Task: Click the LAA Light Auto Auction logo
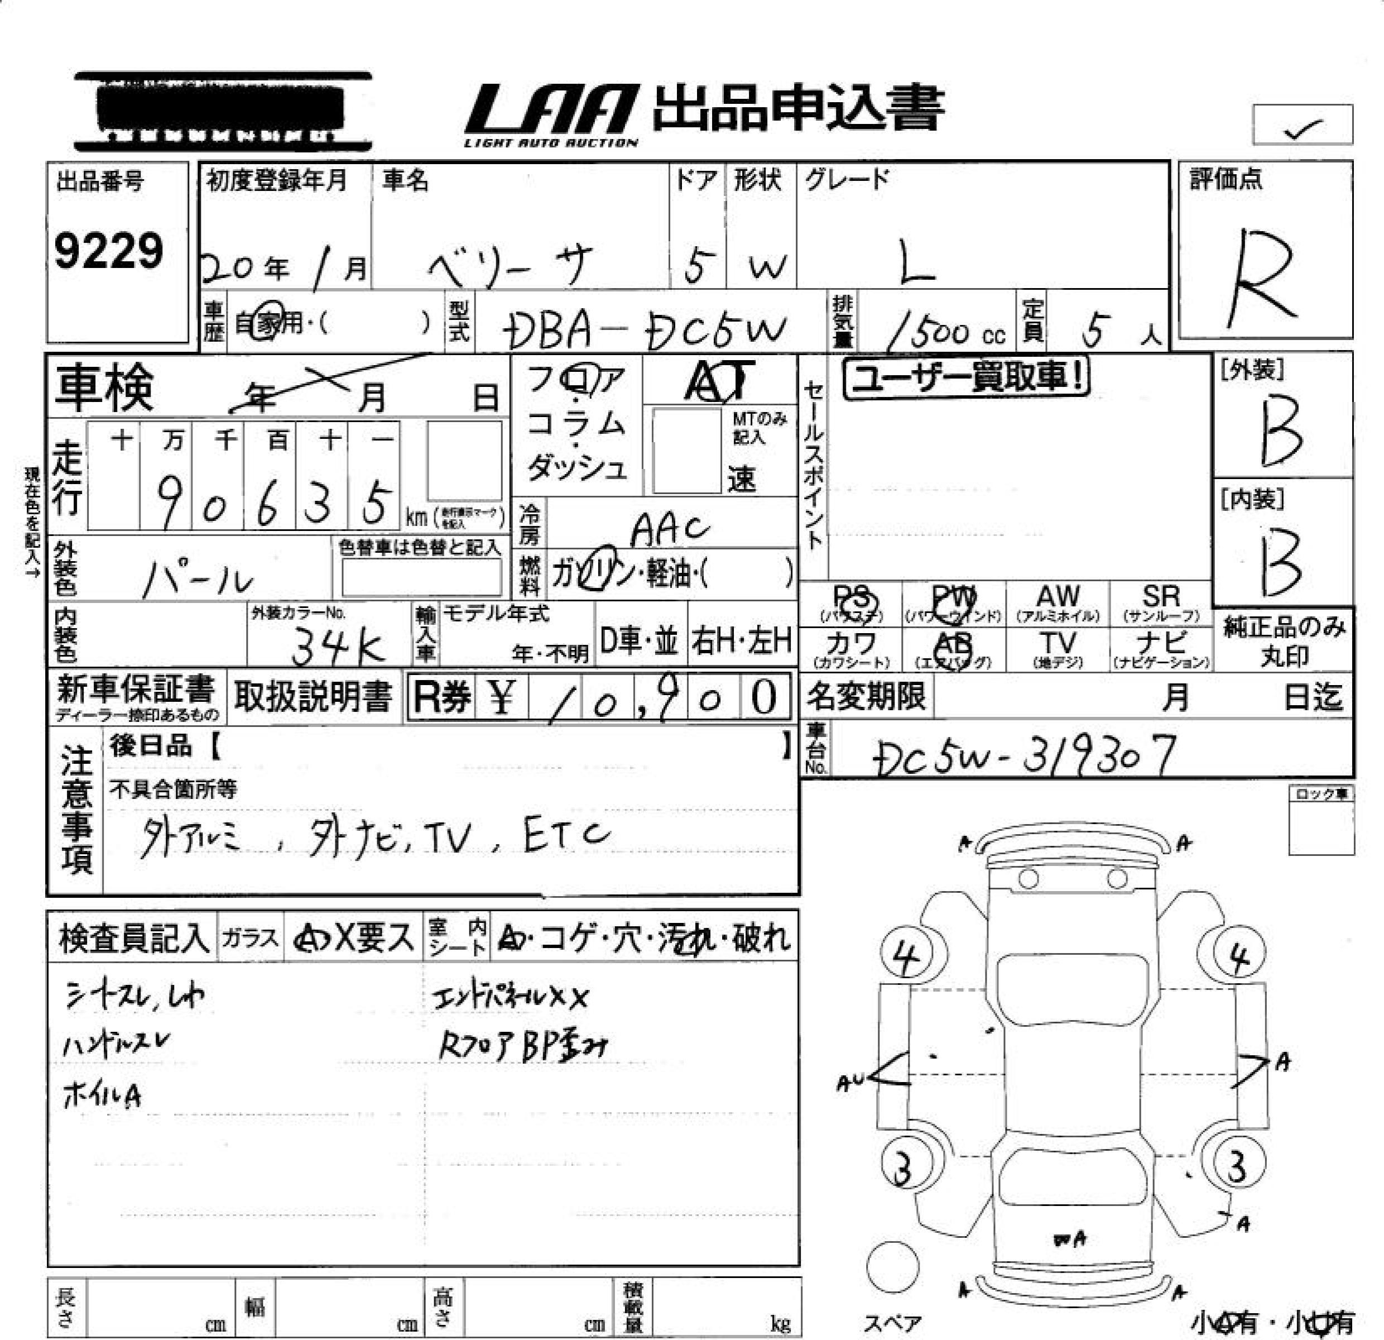coord(551,114)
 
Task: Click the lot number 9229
coord(109,251)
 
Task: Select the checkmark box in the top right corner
coord(1303,125)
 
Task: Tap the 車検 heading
coord(104,387)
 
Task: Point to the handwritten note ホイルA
coord(102,1095)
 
